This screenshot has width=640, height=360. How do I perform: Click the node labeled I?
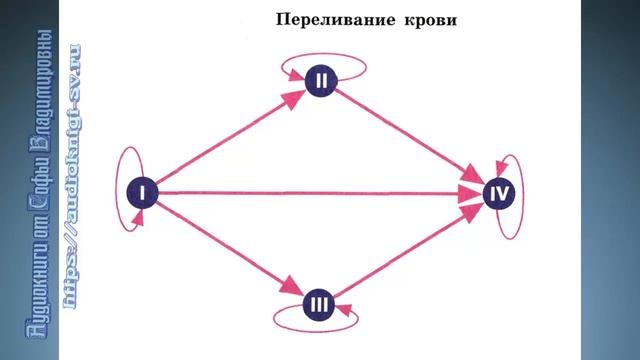pyautogui.click(x=143, y=191)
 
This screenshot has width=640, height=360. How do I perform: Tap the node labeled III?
pyautogui.click(x=317, y=300)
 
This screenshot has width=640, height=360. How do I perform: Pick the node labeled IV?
pyautogui.click(x=498, y=192)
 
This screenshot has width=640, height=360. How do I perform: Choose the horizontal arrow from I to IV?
pyautogui.click(x=320, y=191)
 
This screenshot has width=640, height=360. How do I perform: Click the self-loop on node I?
pyautogui.click(x=122, y=190)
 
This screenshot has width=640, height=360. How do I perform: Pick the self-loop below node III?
pyautogui.click(x=317, y=320)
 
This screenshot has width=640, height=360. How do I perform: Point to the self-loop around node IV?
pyautogui.click(x=516, y=195)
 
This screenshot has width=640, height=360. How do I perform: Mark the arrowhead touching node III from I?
pyautogui.click(x=291, y=287)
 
